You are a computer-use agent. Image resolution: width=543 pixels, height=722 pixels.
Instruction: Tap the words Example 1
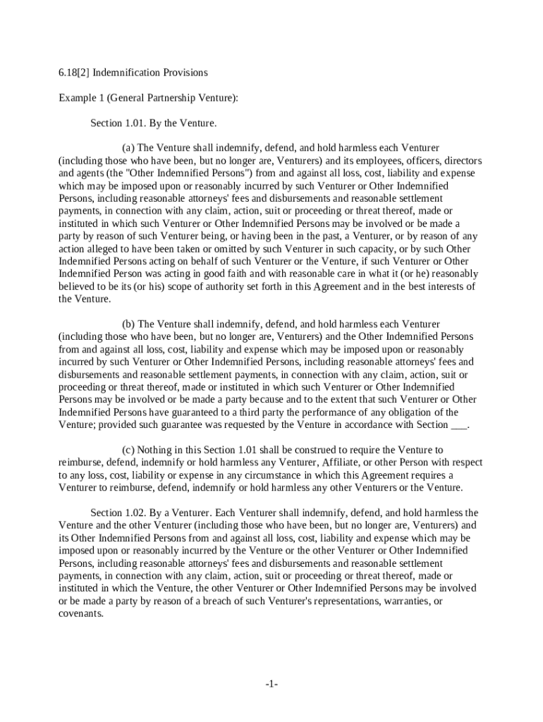(80, 98)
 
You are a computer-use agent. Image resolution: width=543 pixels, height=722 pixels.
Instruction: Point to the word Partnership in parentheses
(158, 98)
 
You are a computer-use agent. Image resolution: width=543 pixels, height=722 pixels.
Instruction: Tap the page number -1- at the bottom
(271, 685)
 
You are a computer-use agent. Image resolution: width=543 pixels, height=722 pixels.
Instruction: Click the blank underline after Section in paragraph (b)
(458, 425)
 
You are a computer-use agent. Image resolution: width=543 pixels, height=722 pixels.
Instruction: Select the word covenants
(80, 613)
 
